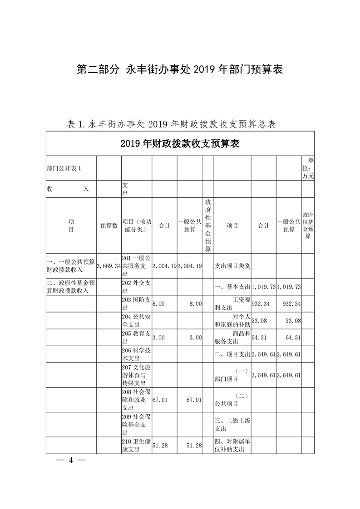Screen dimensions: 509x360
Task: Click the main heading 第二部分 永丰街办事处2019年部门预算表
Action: [x=180, y=69]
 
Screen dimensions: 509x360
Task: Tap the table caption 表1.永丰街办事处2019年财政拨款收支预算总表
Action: [x=172, y=124]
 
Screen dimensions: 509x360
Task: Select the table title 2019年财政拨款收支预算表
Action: [x=180, y=144]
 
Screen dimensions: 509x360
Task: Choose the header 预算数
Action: [x=109, y=225]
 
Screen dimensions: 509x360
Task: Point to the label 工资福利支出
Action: [x=232, y=303]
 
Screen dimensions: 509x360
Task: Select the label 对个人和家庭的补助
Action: [x=232, y=320]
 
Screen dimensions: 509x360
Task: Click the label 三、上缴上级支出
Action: [x=232, y=424]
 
